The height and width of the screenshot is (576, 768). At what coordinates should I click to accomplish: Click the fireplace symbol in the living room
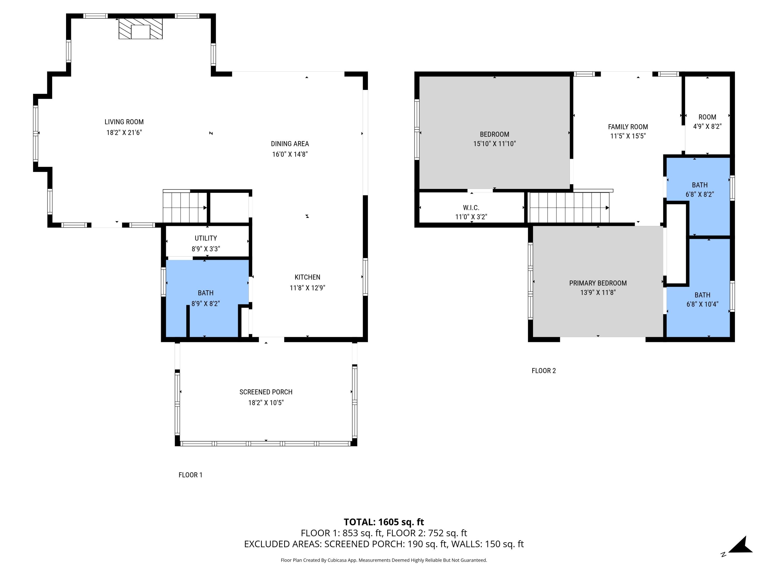141,28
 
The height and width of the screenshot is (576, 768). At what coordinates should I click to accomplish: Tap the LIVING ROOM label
124,122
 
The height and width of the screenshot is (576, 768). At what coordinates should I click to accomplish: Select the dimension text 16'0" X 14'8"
290,154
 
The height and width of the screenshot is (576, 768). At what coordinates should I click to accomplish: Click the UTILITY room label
206,238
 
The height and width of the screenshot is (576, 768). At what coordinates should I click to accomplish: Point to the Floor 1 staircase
185,208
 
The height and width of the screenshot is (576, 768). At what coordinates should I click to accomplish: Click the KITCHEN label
307,277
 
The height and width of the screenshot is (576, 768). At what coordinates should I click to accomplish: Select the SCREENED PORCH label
266,392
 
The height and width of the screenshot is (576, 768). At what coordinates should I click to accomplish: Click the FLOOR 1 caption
190,475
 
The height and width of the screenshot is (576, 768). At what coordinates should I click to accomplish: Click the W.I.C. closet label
471,208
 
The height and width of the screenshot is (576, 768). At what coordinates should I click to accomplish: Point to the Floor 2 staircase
568,208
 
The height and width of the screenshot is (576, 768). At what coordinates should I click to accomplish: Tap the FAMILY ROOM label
628,127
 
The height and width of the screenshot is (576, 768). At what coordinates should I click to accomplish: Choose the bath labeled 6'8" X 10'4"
702,299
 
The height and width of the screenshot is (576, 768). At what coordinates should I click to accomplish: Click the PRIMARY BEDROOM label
598,283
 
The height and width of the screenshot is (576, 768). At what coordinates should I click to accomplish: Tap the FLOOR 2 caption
543,371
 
